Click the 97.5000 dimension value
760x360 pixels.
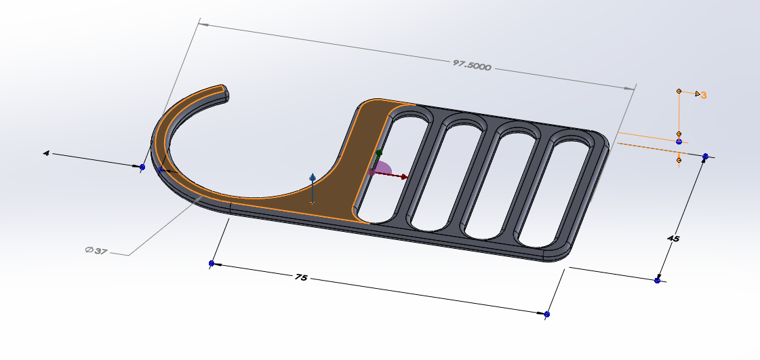click(472, 65)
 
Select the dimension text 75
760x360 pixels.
click(301, 278)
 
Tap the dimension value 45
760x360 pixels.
click(673, 239)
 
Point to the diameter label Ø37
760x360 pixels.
click(96, 251)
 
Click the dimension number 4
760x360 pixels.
click(46, 153)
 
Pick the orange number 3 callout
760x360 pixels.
click(704, 96)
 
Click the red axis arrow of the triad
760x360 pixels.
click(391, 175)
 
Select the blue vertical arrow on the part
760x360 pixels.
click(313, 188)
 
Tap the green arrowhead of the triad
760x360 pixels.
click(379, 153)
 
